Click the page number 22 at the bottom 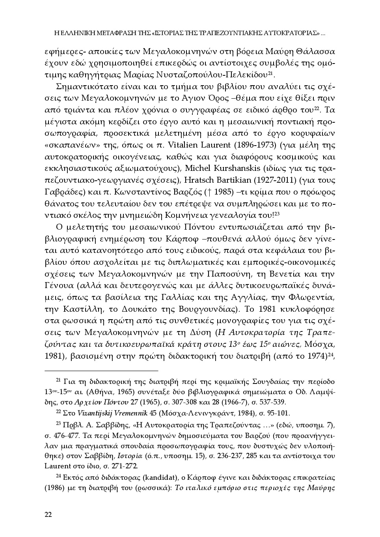tap(48, 514)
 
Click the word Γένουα tap(59, 285)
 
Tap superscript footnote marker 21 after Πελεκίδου tap(270, 73)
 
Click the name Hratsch tap(194, 180)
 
